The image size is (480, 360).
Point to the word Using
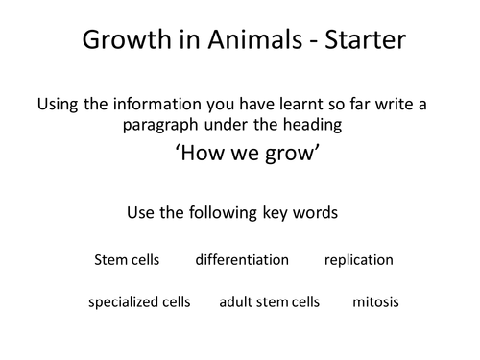57,106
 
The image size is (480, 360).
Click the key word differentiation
241,259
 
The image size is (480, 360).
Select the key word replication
358,259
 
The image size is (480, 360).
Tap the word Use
140,212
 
